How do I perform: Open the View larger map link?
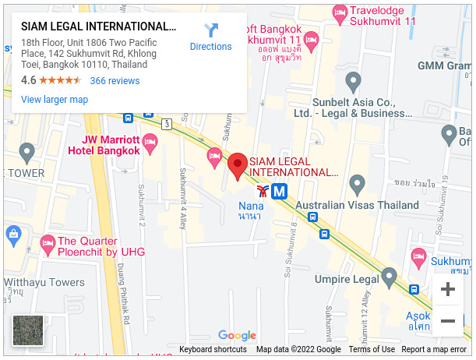coord(55,100)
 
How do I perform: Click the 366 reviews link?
coord(115,81)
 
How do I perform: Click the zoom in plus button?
coord(448,290)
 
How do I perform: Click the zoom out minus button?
coord(448,320)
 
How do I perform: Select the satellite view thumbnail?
coord(29,330)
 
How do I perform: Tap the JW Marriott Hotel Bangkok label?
coord(111,145)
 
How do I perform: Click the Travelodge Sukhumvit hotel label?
coord(387,16)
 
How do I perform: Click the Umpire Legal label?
coord(347,278)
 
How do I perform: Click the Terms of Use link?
coord(372,349)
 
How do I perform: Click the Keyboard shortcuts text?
coord(213,349)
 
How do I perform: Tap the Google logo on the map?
coord(237,336)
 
